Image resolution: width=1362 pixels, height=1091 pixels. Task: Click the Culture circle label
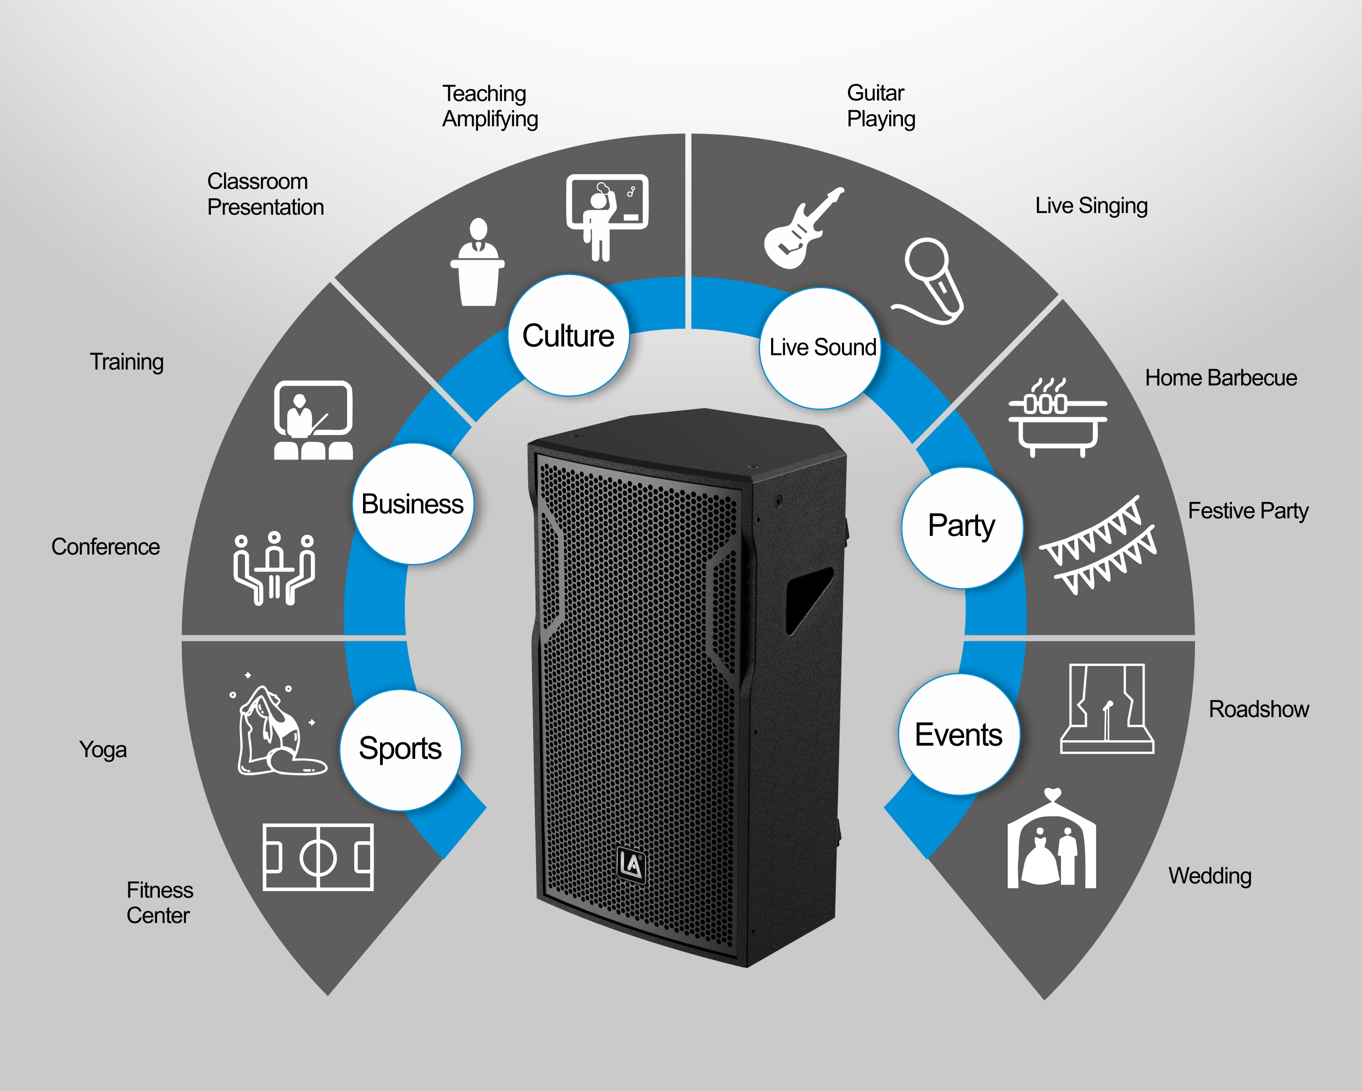click(568, 335)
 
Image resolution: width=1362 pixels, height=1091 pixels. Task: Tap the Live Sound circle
click(820, 348)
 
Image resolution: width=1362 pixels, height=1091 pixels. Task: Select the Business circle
click(413, 503)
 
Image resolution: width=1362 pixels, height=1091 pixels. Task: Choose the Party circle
click(962, 528)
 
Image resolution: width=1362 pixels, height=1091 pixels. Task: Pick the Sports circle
click(400, 750)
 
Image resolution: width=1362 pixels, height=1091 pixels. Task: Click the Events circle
click(959, 734)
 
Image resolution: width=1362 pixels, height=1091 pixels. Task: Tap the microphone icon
click(929, 281)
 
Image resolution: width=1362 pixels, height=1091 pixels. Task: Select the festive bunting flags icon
click(1098, 545)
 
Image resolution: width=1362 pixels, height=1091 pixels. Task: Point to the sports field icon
click(318, 857)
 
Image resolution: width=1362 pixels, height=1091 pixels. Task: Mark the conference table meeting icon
click(274, 568)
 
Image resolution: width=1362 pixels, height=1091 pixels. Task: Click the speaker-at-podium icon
click(478, 262)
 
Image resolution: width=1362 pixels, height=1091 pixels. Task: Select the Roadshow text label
click(1258, 709)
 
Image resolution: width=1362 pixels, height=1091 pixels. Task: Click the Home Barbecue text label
click(1220, 378)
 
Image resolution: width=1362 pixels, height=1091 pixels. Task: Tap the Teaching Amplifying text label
click(490, 106)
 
